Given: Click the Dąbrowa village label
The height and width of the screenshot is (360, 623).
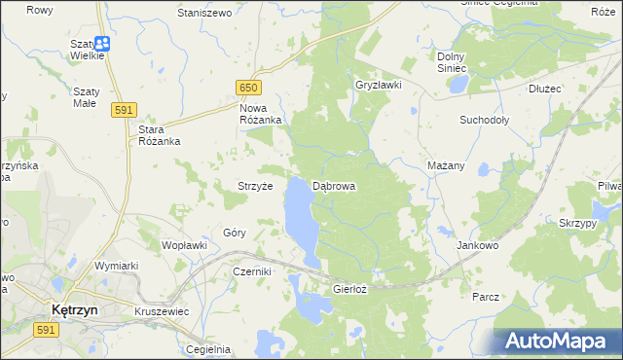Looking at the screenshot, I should (334, 185).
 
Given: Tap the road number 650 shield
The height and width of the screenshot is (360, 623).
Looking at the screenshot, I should (247, 89).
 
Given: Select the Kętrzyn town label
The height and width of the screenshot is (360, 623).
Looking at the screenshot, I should (71, 309).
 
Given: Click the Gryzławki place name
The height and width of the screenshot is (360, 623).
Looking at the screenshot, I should (379, 85).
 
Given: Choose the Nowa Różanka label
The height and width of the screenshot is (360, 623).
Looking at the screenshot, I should (260, 114).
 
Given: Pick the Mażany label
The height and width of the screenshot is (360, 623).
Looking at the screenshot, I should (446, 165).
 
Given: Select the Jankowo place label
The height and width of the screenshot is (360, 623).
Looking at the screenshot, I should (478, 246).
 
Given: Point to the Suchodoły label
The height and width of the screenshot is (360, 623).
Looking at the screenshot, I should (485, 121).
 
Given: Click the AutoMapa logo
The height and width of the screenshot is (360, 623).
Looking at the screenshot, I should (558, 342).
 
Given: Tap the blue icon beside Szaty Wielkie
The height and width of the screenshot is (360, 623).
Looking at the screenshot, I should (102, 44).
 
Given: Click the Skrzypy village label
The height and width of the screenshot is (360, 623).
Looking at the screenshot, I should (578, 223).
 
